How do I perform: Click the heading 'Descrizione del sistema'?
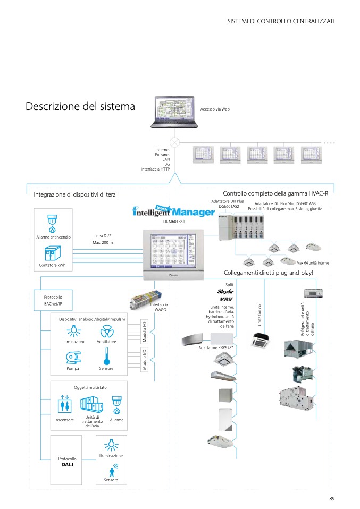[x=80, y=106]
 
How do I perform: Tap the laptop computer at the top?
[x=174, y=113]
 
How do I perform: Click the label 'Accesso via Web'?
[x=215, y=109]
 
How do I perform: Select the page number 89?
[x=332, y=498]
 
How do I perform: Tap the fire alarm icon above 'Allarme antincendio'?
[x=53, y=224]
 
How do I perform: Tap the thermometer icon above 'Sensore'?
[x=106, y=355]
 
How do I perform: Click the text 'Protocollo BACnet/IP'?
[x=53, y=300]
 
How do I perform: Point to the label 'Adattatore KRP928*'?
[x=216, y=347]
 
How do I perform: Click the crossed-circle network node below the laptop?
[x=174, y=142]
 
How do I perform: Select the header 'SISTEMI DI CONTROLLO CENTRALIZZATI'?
[x=281, y=21]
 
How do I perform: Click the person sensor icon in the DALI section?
[x=112, y=471]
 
